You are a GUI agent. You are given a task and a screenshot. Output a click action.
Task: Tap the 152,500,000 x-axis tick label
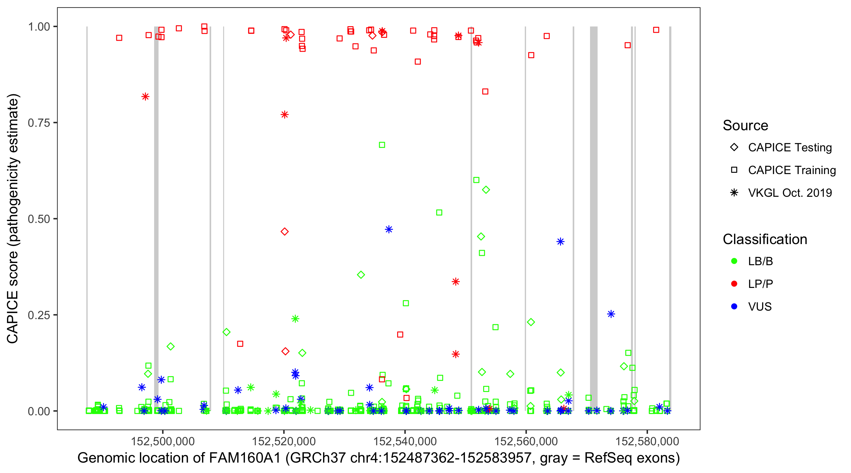point(163,441)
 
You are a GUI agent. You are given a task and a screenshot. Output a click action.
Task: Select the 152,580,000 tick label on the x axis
point(647,441)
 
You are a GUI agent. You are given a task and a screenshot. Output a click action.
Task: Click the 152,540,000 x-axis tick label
point(405,441)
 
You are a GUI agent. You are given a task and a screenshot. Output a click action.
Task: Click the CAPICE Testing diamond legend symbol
point(734,148)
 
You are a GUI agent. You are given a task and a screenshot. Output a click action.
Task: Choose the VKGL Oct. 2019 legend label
point(790,193)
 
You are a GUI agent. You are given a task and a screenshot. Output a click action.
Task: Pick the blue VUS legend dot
point(734,307)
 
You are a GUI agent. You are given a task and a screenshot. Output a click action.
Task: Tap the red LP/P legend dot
point(734,284)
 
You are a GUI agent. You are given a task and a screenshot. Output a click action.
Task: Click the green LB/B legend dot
point(734,261)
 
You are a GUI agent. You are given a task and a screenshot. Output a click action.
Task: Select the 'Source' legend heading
point(745,126)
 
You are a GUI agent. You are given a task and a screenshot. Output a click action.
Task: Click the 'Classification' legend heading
point(765,239)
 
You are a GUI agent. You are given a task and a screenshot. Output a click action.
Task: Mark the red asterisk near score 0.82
point(145,97)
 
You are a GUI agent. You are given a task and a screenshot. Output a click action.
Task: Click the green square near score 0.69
point(382,145)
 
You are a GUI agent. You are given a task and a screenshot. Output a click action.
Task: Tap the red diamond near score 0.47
point(285,232)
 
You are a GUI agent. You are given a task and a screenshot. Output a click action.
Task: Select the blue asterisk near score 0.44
point(560,242)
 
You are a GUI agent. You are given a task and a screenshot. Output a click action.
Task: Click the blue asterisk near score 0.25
point(611,314)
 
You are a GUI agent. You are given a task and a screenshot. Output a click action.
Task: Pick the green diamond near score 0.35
point(361,275)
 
